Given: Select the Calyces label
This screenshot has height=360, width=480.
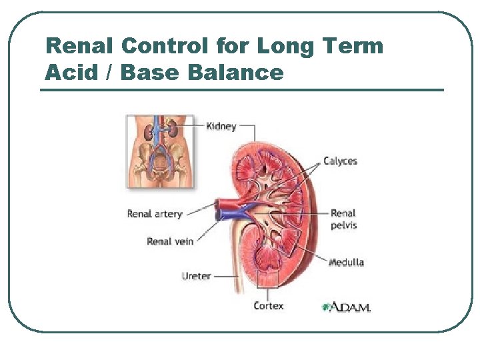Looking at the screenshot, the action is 340,161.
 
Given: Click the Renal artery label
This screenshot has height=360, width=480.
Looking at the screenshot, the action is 155,214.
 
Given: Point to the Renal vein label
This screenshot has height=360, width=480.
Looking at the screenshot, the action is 170,241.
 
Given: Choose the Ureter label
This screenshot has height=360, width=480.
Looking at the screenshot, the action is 196,275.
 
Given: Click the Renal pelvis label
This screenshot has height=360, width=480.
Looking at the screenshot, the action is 343,219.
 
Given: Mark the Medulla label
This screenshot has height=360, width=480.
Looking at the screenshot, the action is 346,262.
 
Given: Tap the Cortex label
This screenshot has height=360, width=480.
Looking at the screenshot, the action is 268,305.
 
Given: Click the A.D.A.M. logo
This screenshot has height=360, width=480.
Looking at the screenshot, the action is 346,307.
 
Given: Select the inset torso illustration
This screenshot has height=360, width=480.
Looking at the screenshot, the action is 161,151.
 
